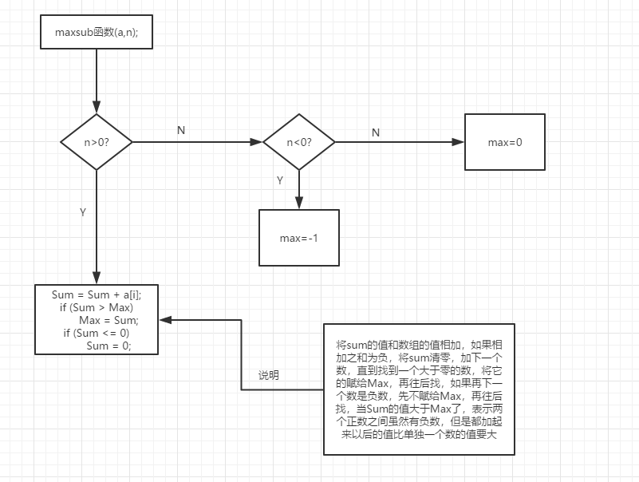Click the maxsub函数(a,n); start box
tap(96, 34)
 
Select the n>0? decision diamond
tap(96, 142)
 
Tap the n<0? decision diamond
tap(298, 142)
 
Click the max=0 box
tap(504, 142)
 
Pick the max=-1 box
tap(298, 238)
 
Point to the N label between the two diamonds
tap(181, 130)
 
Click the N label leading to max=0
tap(376, 132)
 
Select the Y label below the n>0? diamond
tap(82, 213)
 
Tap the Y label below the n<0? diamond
tap(280, 180)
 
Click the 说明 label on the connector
tap(269, 375)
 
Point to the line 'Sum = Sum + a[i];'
tap(97, 294)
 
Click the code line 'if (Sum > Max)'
tap(97, 307)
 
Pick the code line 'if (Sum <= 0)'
tap(96, 333)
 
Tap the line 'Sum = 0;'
tap(108, 346)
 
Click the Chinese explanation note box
tap(419, 389)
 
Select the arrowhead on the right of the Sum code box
tap(164, 319)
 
